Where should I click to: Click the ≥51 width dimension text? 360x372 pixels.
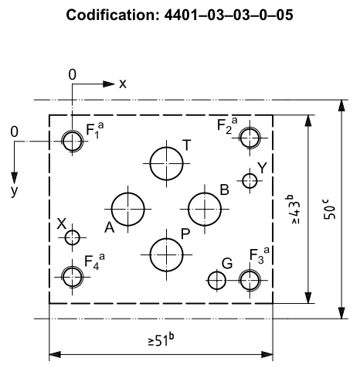coord(161,340)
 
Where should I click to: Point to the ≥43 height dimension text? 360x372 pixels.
coord(293,210)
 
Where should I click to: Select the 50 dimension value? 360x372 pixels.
coord(329,210)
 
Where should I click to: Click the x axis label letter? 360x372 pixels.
coord(123,84)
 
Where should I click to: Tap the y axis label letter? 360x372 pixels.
coord(15,191)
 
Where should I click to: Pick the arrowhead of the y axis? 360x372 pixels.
coord(15,178)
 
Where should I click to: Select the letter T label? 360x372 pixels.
coord(187,145)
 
